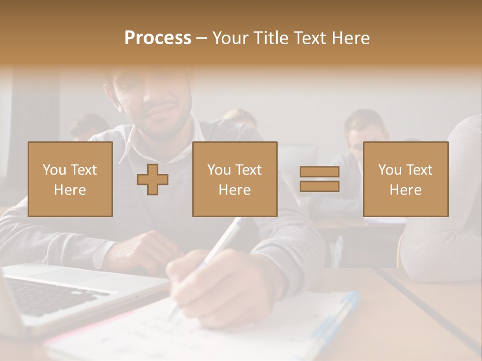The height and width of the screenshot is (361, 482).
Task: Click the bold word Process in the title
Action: point(158,38)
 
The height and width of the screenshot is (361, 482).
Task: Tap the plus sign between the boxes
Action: point(153,179)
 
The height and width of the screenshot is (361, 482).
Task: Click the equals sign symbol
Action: point(319,179)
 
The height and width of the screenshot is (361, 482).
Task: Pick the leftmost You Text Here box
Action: point(70,179)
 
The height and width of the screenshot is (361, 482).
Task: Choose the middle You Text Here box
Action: point(234,179)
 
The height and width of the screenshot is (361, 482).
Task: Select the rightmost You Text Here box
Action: point(406,179)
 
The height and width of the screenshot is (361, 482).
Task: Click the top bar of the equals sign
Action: point(319,171)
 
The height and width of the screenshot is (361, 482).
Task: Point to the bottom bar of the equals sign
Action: point(319,187)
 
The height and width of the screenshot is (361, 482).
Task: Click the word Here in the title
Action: point(350,38)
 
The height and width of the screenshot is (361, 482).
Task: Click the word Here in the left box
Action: point(70,190)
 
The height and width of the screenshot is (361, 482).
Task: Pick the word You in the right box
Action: point(390,170)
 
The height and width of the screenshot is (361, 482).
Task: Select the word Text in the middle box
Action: point(249,170)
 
